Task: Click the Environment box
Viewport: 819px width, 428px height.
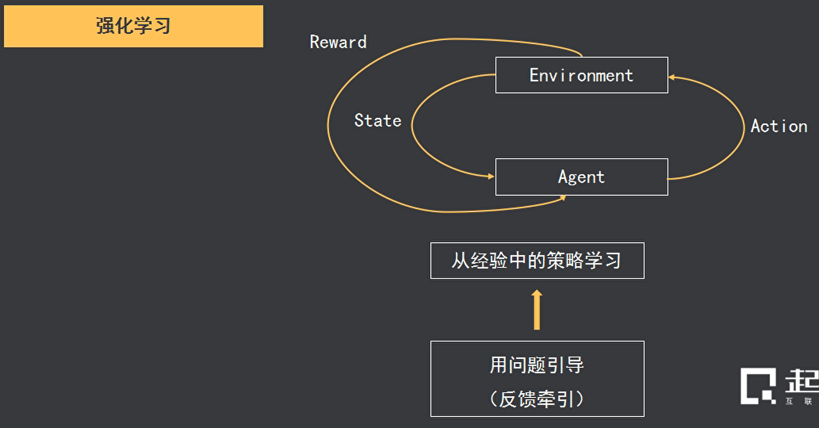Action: [581, 75]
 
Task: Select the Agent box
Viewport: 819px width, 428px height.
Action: [581, 177]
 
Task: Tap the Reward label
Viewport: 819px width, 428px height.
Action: [338, 42]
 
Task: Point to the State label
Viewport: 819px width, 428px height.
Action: [378, 121]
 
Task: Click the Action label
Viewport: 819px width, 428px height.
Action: [779, 126]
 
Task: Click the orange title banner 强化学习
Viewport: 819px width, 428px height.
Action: [134, 26]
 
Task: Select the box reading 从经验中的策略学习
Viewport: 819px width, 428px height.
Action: [537, 260]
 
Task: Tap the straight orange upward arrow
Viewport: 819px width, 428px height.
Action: [537, 310]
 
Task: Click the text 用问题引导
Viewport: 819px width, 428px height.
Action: [537, 365]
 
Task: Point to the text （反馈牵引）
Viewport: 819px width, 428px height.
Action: [537, 399]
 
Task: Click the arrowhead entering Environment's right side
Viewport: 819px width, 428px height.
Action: [672, 77]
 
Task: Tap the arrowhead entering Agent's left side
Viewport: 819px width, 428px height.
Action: [491, 176]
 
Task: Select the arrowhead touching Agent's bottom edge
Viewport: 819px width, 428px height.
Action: [563, 197]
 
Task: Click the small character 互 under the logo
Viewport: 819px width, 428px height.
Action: [789, 401]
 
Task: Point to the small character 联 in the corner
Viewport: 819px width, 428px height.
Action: [808, 401]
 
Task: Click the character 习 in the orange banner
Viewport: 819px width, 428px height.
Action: [163, 26]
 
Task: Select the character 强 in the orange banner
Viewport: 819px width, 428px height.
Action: [105, 26]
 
